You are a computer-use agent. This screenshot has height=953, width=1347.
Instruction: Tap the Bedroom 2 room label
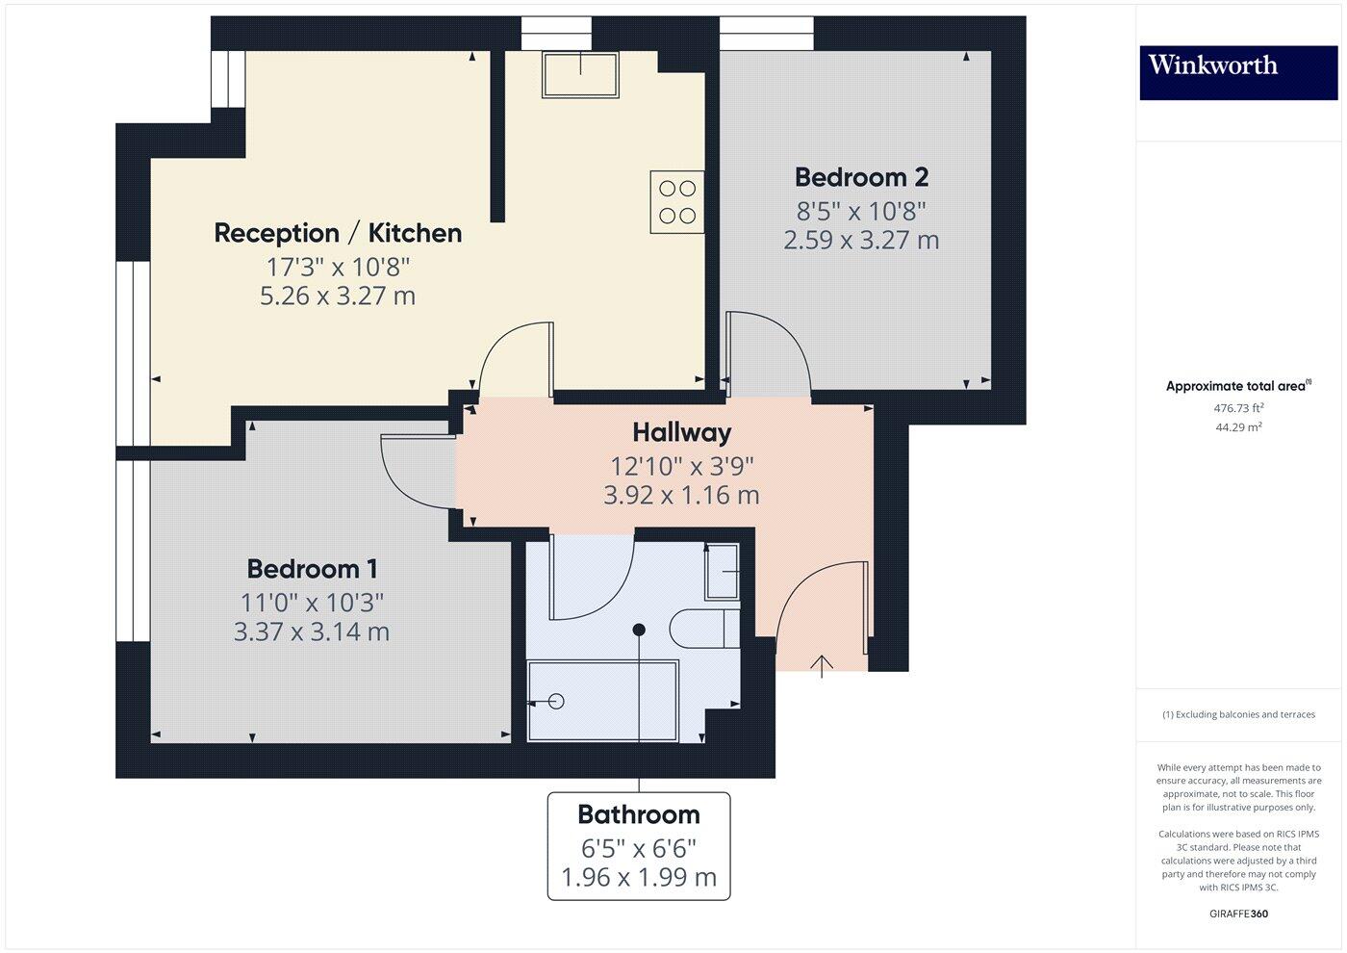click(x=861, y=177)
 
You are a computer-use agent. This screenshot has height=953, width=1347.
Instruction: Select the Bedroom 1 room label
click(x=313, y=569)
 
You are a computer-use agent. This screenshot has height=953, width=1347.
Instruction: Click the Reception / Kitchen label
click(x=338, y=233)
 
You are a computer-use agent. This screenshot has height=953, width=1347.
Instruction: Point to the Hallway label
click(x=681, y=432)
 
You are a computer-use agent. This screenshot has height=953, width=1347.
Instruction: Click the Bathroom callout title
click(x=639, y=815)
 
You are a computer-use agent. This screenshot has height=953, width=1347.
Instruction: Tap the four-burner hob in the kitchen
click(x=677, y=201)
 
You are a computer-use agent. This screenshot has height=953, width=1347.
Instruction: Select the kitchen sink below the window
click(x=580, y=74)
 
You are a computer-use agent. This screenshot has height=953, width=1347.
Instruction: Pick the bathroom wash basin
click(x=723, y=572)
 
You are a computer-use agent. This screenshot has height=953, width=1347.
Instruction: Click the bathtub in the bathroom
click(x=602, y=701)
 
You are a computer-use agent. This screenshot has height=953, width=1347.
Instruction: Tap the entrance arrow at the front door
click(x=822, y=665)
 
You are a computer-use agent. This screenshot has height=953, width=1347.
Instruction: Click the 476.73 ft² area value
click(x=1238, y=408)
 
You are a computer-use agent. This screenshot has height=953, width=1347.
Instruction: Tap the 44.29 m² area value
click(x=1238, y=427)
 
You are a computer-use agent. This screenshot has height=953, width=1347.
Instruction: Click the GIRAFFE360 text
click(x=1238, y=914)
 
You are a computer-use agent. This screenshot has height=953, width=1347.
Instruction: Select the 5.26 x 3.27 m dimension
click(x=338, y=296)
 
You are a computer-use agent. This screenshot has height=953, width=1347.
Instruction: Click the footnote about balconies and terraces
click(x=1238, y=714)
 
